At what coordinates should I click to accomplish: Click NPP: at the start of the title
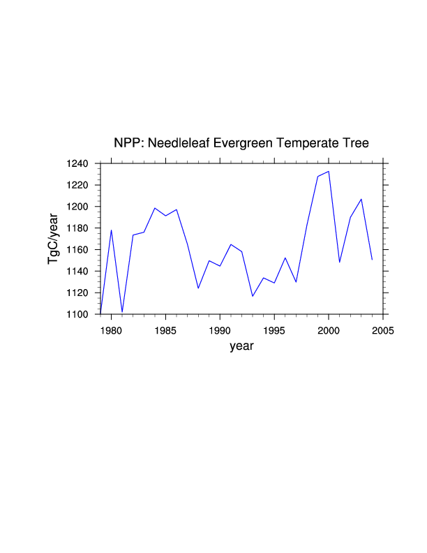[128, 144]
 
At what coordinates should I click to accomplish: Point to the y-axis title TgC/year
[53, 239]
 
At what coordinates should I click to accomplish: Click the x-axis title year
[241, 346]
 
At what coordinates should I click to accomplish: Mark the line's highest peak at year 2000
[329, 171]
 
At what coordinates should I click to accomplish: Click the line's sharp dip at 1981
[122, 312]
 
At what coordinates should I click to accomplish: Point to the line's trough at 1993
[253, 296]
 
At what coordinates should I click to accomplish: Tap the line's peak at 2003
[361, 199]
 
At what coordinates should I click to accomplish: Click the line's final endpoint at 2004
[372, 260]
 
